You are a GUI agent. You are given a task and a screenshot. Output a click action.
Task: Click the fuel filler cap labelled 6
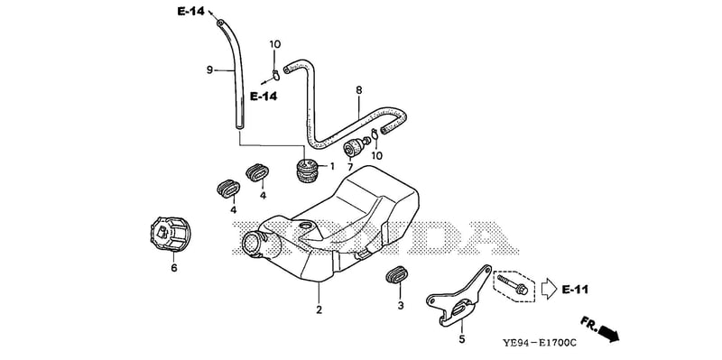point(171,234)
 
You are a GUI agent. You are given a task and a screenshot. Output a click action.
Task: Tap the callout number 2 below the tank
point(319,309)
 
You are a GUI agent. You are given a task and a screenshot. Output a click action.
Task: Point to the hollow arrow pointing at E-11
point(549,289)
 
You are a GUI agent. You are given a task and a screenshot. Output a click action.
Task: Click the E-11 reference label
point(575,290)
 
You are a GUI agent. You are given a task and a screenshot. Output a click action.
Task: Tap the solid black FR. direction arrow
point(608,334)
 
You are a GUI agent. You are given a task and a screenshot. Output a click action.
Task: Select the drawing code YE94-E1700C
point(539,344)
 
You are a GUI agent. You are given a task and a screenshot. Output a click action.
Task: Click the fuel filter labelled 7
point(356,146)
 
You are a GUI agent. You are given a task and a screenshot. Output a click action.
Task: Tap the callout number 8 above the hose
point(358,90)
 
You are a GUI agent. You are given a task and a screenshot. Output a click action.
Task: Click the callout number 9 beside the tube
point(209,70)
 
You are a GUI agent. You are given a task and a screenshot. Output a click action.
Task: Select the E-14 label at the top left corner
point(191,12)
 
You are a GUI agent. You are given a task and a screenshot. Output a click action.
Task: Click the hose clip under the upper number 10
point(275,74)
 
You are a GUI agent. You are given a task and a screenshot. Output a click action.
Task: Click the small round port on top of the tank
point(306,226)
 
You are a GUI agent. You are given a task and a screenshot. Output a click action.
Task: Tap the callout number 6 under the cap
point(174,268)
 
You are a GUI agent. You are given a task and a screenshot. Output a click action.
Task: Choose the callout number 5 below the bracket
point(462,340)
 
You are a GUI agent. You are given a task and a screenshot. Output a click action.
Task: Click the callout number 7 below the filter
point(349,166)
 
